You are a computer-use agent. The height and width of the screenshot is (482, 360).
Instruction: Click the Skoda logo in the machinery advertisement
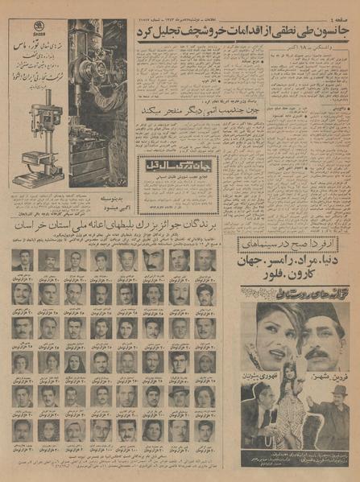[x=33, y=60]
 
